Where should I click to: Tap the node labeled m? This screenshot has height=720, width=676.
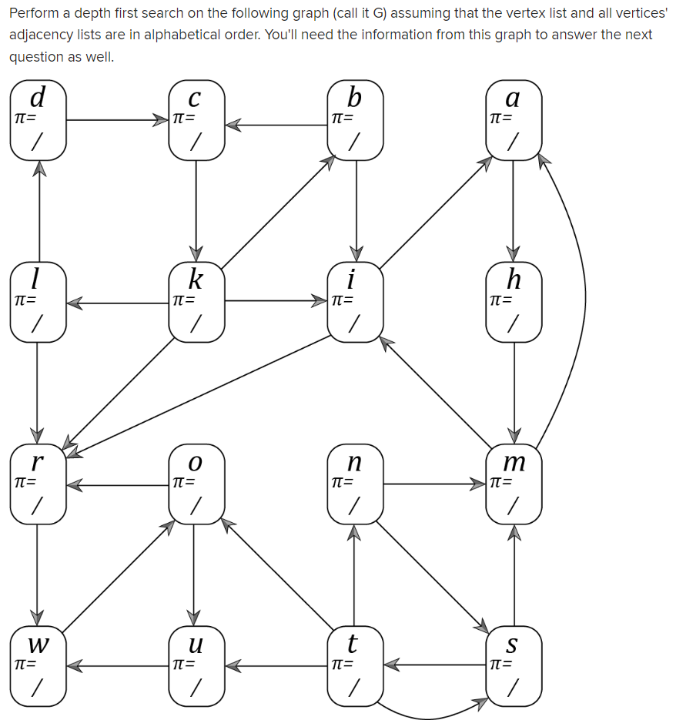[514, 484]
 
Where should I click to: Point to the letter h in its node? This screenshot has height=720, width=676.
[514, 278]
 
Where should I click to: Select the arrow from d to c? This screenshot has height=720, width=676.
[115, 119]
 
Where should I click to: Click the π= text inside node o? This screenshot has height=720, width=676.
[183, 483]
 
